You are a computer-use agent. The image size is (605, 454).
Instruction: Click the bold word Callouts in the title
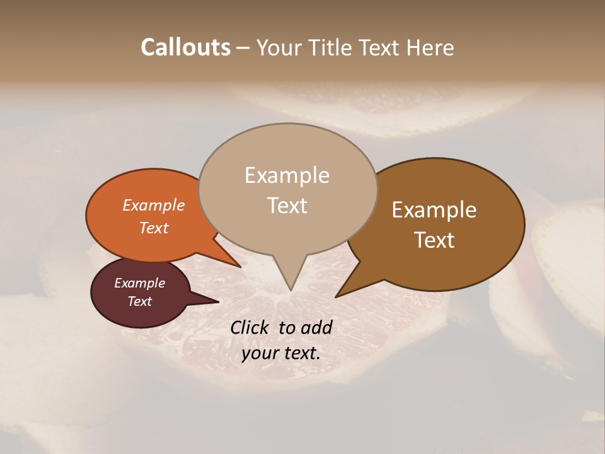[x=185, y=47]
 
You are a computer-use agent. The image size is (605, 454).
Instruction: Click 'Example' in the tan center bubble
[x=287, y=175]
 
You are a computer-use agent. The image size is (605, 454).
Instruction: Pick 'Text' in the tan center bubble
[x=287, y=206]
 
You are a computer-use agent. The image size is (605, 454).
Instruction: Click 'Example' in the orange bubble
[x=154, y=205]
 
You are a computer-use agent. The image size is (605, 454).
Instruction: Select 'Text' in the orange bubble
[x=154, y=228]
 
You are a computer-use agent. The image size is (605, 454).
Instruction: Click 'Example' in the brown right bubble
[x=434, y=210]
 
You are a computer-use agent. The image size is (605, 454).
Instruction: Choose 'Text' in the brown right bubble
[x=434, y=240]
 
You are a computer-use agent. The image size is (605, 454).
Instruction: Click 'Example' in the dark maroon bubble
[x=139, y=283]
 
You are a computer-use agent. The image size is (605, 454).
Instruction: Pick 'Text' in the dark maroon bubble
[x=139, y=301]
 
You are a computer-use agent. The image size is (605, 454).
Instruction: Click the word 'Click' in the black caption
[x=250, y=327]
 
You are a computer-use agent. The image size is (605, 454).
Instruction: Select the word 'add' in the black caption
[x=316, y=327]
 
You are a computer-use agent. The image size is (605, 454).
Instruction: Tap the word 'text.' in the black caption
[x=301, y=353]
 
